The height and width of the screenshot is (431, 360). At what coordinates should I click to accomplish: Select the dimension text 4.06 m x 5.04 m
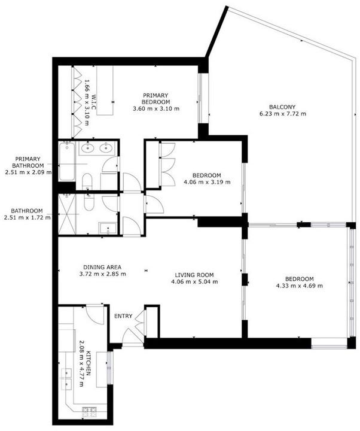194,282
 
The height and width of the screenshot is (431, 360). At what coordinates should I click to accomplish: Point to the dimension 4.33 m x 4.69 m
299,286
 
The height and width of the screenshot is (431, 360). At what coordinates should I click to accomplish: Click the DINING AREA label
102,267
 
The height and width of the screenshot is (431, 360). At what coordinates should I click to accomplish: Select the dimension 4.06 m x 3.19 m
206,182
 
